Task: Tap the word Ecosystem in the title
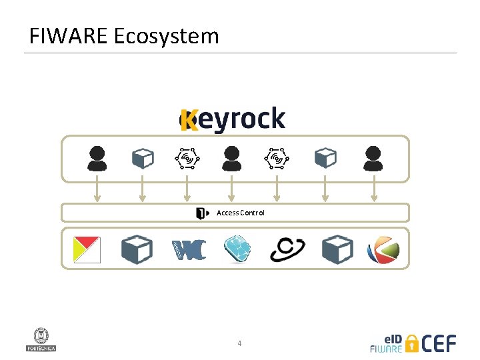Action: click(167, 35)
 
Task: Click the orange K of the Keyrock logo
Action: click(189, 120)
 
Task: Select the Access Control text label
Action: click(241, 213)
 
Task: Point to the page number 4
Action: click(239, 343)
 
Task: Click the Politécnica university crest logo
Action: click(41, 339)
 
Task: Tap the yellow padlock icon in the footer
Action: click(412, 343)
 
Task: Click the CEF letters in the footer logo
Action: click(440, 343)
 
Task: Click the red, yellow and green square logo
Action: click(87, 250)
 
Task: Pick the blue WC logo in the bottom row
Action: click(189, 250)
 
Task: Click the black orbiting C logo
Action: click(287, 250)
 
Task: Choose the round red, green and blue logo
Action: click(383, 251)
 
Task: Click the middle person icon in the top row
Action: click(231, 159)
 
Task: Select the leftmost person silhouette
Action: click(97, 159)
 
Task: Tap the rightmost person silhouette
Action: click(373, 159)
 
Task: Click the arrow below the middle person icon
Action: click(231, 192)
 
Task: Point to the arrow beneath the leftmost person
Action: click(97, 192)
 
